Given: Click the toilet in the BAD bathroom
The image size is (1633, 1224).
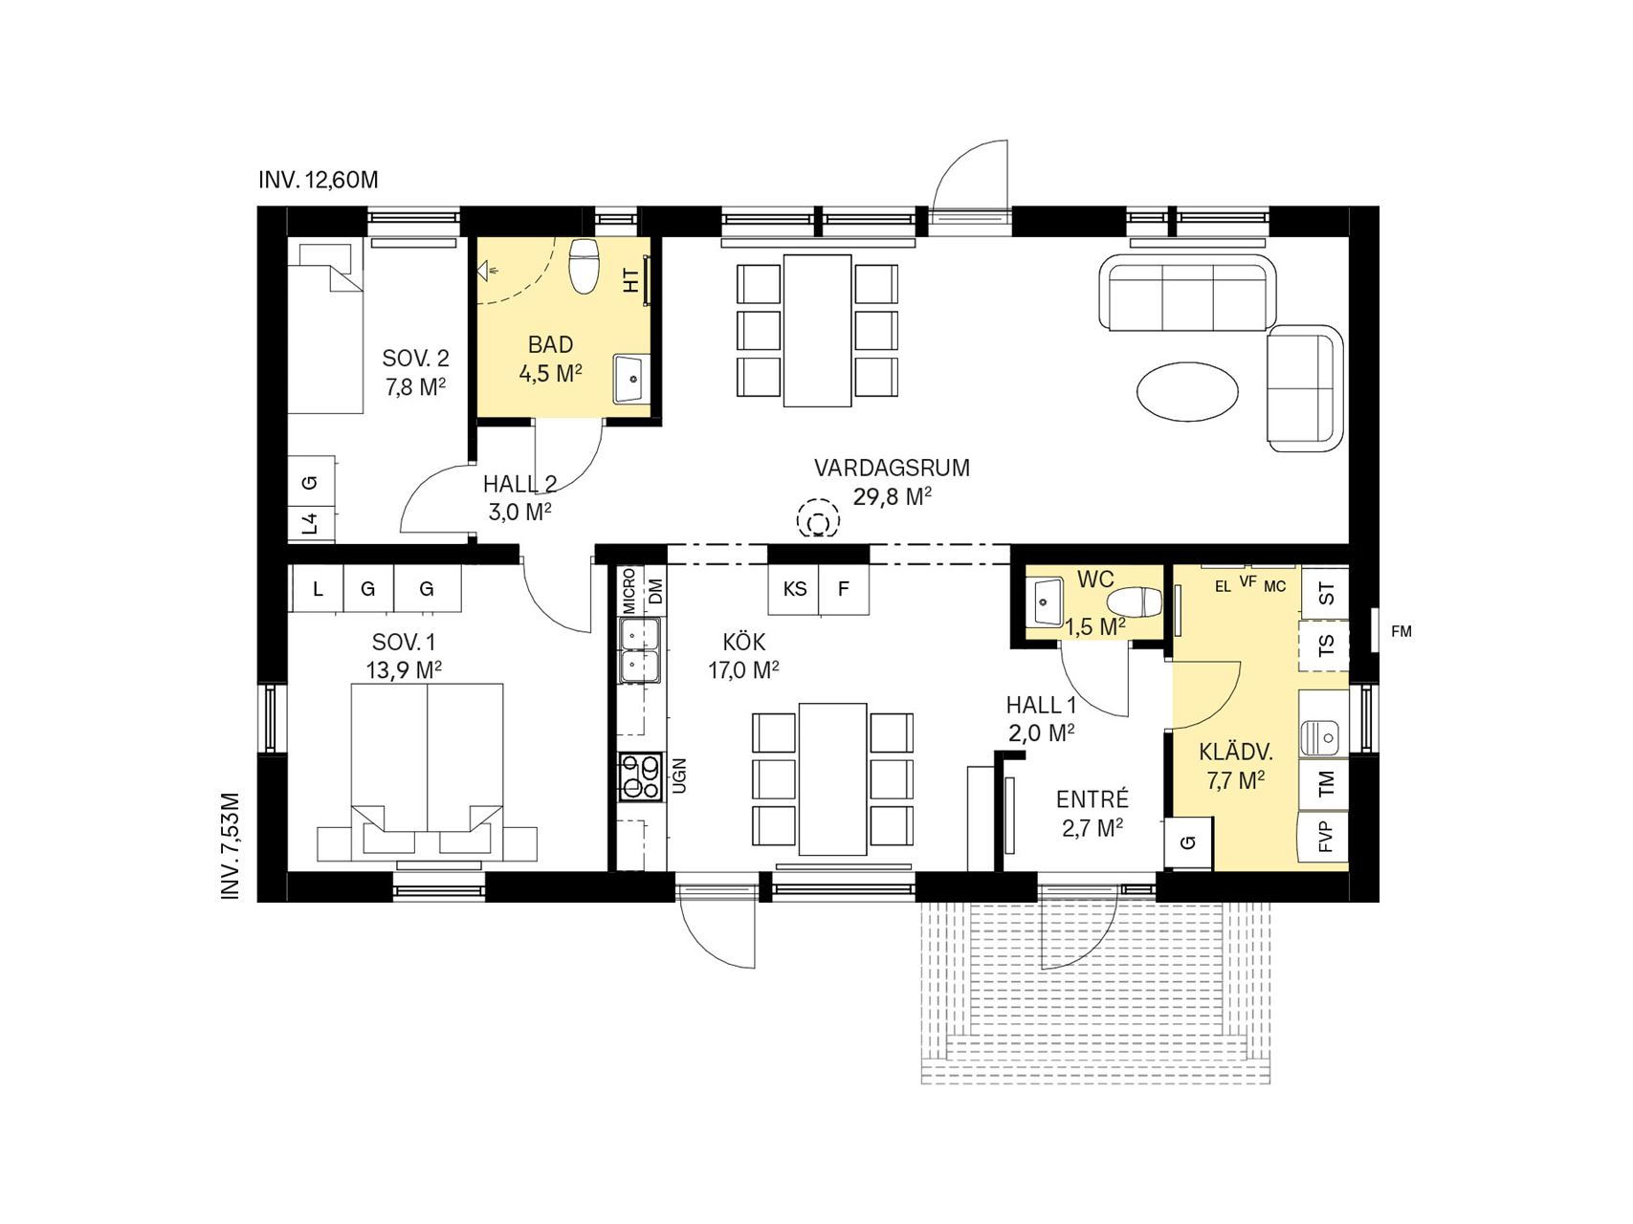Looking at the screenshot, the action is click(584, 267).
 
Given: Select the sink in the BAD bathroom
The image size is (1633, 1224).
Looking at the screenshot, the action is click(631, 380).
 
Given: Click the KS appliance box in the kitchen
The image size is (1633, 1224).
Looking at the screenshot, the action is click(795, 589).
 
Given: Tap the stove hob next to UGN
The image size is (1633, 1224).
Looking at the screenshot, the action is click(641, 776).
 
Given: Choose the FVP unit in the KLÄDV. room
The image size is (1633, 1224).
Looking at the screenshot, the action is click(1324, 837).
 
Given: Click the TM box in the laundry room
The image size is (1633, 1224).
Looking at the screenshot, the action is click(1324, 784).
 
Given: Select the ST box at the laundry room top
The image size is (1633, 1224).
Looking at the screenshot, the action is click(1325, 593).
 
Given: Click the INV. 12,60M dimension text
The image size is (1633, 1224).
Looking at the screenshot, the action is click(319, 180).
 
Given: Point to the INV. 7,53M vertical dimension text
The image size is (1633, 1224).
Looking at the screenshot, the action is click(231, 845).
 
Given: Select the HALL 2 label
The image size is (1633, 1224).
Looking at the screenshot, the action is click(519, 485).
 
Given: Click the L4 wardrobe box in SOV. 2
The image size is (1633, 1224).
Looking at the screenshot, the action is click(310, 524).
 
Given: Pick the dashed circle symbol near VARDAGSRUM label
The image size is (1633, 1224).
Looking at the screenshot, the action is click(818, 521).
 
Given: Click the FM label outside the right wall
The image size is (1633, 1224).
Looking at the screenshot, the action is click(1401, 631).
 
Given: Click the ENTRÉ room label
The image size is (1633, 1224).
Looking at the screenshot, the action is click(1092, 799).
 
